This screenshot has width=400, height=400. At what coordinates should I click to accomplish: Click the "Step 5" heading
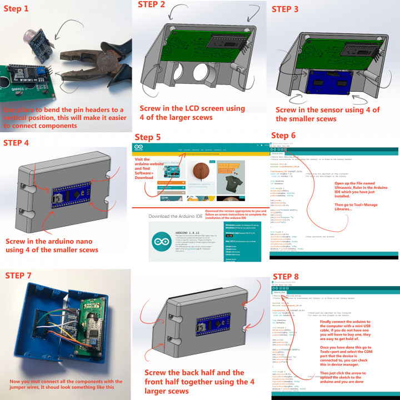click(x=149, y=137)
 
